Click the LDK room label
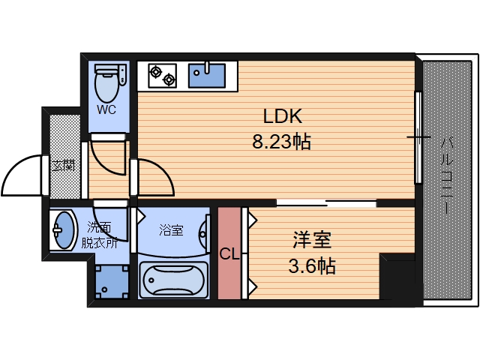(282, 116)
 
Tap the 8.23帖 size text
(282, 140)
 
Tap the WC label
(106, 109)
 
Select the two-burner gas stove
(162, 74)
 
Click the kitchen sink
(205, 73)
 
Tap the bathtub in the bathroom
(173, 280)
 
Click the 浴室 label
(171, 230)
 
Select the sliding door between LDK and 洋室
(325, 202)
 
